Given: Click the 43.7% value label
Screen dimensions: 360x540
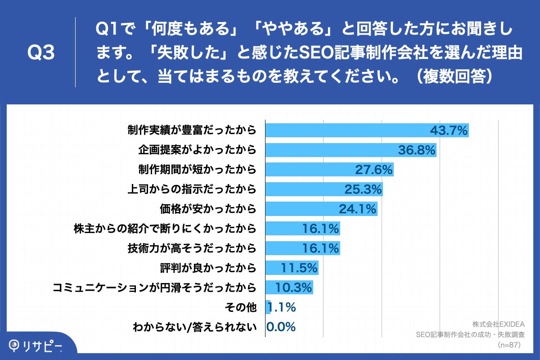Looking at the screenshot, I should coord(449,130).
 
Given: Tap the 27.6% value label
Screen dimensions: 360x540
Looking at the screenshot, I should coord(374,170).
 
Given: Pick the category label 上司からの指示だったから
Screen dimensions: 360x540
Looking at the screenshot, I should coord(192,189).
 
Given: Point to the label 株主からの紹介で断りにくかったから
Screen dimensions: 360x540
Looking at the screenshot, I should coord(165,229).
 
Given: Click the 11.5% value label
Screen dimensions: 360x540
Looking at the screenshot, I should coord(299,268).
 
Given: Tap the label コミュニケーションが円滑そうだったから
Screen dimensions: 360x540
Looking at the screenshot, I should coord(154,287).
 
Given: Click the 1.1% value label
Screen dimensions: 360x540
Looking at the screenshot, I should coord(282,307).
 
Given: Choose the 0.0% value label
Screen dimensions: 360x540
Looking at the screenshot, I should coord(281,326).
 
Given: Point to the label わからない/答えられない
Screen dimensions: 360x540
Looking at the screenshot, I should coord(194,327).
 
